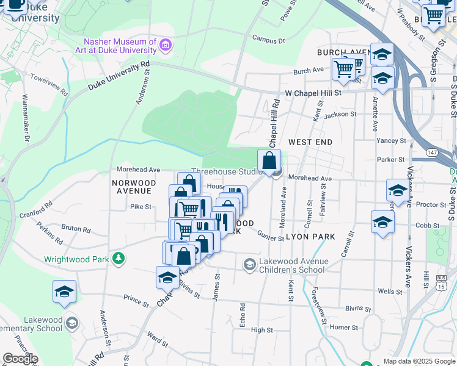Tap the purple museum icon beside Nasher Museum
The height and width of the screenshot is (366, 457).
(x=165, y=45)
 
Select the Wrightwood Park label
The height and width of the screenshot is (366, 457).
(x=76, y=259)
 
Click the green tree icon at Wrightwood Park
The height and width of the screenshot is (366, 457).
(x=119, y=259)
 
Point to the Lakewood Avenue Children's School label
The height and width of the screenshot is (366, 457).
(x=291, y=265)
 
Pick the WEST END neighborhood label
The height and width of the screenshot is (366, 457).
(x=310, y=142)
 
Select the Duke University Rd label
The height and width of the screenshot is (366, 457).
(x=119, y=76)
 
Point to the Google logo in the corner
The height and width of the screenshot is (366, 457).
(x=20, y=359)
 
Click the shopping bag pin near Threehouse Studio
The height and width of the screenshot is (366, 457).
(x=269, y=161)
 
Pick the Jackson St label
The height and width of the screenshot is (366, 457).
(x=340, y=114)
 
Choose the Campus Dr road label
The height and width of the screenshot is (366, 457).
(x=269, y=41)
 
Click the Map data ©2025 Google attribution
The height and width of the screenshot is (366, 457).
(x=419, y=361)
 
